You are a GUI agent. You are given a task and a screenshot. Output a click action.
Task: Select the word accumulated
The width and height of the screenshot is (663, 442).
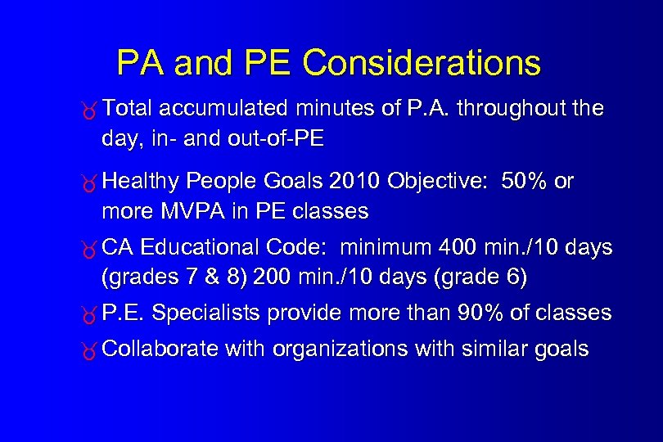(223, 108)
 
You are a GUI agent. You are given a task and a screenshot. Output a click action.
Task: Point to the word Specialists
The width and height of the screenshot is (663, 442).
(206, 313)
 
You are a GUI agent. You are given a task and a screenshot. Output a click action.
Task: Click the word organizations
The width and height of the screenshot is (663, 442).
(341, 350)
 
